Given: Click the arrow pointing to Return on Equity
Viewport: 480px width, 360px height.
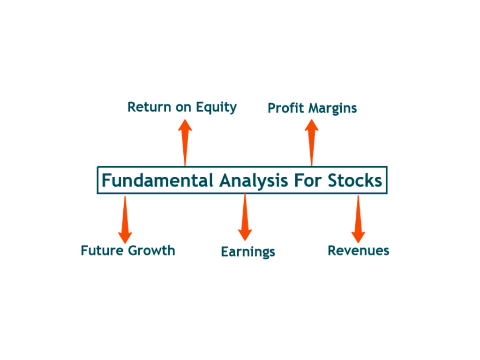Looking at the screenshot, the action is (185, 142).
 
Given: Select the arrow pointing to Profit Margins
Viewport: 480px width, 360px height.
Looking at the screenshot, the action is (311, 142).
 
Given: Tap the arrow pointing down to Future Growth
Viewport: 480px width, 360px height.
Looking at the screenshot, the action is (125, 220).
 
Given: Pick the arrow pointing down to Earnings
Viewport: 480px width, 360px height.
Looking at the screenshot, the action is (245, 217).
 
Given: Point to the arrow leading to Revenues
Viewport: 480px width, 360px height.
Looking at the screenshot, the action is (358, 219).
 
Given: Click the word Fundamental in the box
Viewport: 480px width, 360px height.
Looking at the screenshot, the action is (157, 180).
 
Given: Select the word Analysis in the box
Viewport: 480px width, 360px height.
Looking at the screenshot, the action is (254, 180).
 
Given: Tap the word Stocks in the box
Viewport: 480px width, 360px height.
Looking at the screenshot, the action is (355, 180).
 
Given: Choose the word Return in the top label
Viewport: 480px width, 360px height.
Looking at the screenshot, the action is (149, 107).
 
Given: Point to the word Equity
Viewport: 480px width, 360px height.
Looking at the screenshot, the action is (216, 108).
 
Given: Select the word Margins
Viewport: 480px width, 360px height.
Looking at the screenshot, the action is (332, 109).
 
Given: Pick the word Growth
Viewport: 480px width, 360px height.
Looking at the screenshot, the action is (151, 250).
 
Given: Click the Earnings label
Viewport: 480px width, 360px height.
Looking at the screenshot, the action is (248, 252).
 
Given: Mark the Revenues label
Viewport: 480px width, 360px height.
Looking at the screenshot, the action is (359, 251).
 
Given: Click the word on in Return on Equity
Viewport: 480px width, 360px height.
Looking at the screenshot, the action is (183, 108).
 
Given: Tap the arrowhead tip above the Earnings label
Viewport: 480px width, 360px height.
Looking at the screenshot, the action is (245, 240).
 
